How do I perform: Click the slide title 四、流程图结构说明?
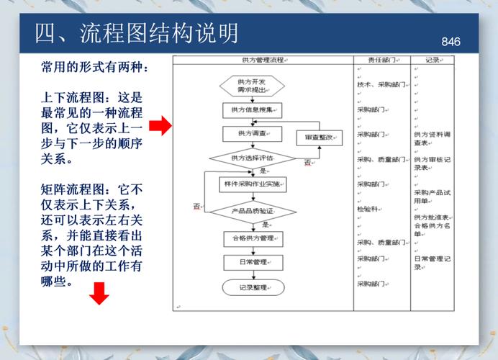[137, 33]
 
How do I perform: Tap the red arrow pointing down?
[99, 293]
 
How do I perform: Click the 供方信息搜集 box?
[252, 110]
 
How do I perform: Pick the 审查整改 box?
[319, 137]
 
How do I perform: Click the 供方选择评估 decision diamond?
[252, 158]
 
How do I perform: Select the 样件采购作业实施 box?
[252, 185]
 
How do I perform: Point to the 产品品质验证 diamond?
[252, 211]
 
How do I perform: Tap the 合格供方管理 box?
[252, 238]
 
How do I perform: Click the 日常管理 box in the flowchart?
[252, 262]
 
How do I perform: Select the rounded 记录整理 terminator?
[252, 287]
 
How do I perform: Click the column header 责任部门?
[381, 60]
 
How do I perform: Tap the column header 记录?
[433, 60]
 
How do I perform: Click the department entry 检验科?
[368, 209]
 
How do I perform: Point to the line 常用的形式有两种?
[95, 67]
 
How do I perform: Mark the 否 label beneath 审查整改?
[307, 163]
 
